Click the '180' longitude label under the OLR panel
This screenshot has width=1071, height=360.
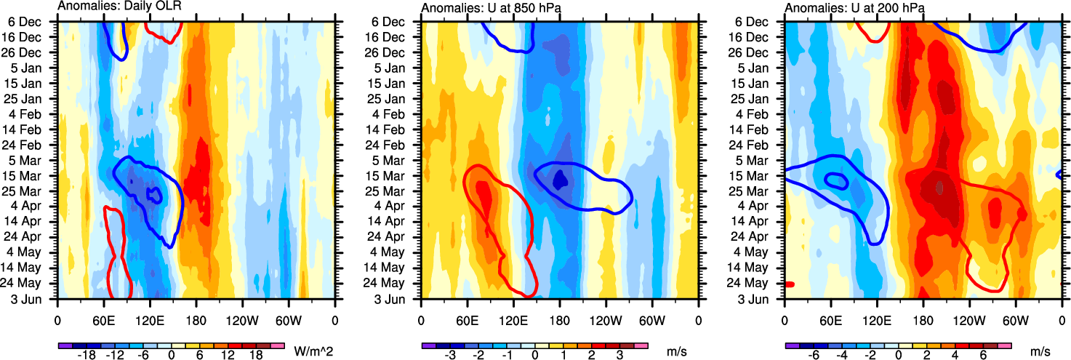click(196, 319)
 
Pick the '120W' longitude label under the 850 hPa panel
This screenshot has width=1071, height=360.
click(606, 319)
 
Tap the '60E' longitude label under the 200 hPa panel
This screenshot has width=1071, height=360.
click(830, 319)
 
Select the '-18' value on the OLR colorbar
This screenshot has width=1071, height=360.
click(87, 356)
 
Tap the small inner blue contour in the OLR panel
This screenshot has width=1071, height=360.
click(153, 194)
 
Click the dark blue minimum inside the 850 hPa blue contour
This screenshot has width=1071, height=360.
click(560, 180)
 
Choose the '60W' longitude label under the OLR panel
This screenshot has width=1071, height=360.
click(289, 319)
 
